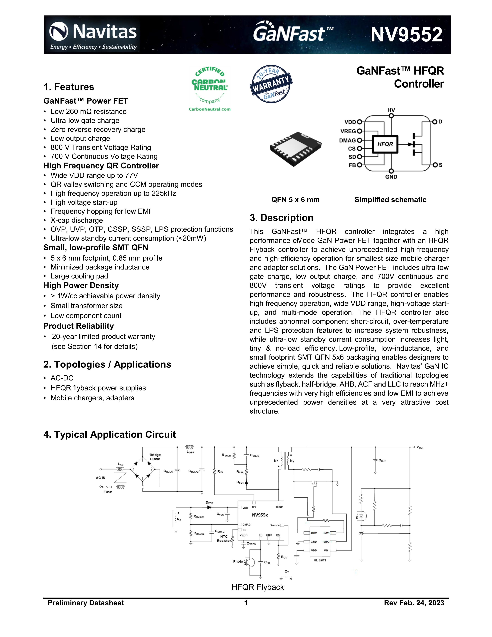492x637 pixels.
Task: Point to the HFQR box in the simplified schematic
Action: point(385,144)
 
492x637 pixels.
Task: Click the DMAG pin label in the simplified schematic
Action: point(347,140)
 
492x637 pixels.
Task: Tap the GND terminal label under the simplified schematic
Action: point(391,177)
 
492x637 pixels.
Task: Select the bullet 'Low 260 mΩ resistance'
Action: point(88,111)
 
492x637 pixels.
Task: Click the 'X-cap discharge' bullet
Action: point(77,220)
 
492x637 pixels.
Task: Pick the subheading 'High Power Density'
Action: point(81,285)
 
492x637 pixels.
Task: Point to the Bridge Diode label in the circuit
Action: point(155,457)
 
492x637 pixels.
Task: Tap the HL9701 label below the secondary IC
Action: point(320,560)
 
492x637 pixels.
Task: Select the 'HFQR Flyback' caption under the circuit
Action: point(258,587)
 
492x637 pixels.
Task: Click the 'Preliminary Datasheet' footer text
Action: point(86,603)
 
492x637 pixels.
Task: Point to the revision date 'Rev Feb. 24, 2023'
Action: point(414,603)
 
